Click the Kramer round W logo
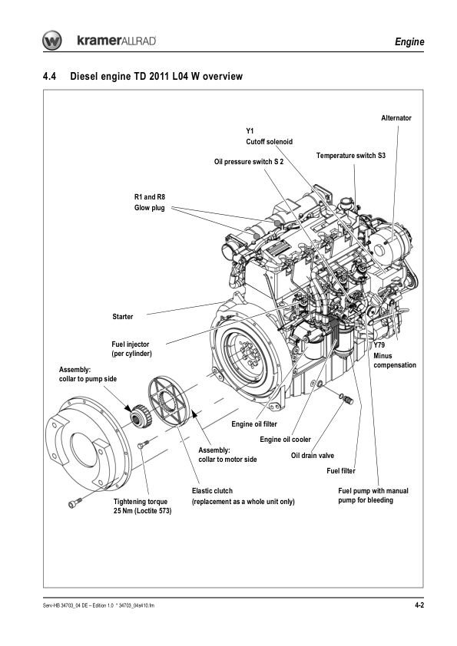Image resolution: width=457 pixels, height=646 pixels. tap(52, 41)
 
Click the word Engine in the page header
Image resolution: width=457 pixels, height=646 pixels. tap(409, 41)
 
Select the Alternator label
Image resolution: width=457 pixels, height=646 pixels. tap(396, 118)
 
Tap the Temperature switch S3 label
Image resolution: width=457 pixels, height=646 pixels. tap(350, 156)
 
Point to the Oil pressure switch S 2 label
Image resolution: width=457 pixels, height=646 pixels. tap(249, 162)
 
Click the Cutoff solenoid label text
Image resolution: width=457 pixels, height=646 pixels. tap(269, 142)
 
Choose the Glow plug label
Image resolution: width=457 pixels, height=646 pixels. tap(149, 208)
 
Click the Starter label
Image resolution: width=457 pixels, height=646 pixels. tap(122, 317)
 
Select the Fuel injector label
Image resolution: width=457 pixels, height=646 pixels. tap(131, 349)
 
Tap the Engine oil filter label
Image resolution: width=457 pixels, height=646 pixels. tap(254, 424)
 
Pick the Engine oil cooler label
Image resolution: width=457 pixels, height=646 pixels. tap(285, 440)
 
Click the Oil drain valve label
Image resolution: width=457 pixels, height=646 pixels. tap(313, 456)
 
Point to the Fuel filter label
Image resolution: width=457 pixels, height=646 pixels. tap(341, 471)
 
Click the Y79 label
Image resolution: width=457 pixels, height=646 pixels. tap(379, 345)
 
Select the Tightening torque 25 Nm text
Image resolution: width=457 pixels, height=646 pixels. tap(142, 506)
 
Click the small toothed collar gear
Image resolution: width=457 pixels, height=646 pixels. tap(141, 415)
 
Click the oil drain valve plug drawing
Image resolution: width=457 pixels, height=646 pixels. tap(346, 398)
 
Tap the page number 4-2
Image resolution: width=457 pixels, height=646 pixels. tap(419, 605)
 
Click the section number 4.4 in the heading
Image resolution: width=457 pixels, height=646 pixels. tap(49, 77)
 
